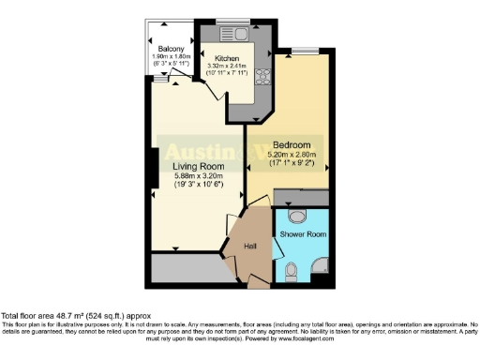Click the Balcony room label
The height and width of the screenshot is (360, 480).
pos(171,47)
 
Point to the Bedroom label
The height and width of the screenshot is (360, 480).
pos(292,144)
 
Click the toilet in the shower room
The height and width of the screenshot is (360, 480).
pos(292,271)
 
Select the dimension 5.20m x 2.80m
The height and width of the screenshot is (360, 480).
pos(292,154)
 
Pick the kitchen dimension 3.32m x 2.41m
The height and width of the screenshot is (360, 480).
pos(228,66)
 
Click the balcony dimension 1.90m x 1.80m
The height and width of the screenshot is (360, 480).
pos(171,56)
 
